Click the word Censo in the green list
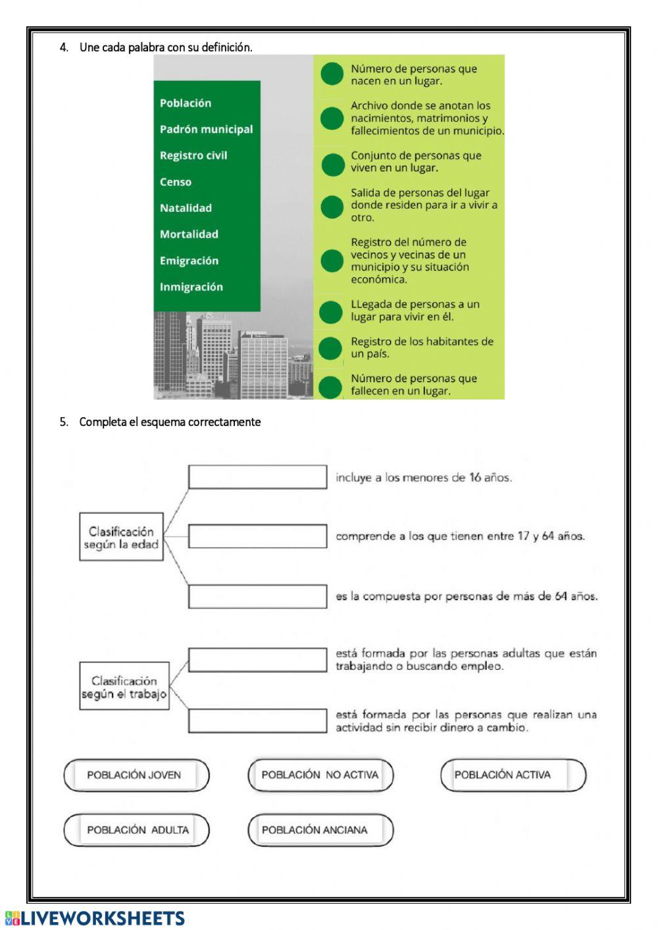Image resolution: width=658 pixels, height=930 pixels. [x=176, y=182]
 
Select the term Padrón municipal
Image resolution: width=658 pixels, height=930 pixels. [x=206, y=129]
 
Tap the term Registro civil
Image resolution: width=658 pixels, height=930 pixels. [x=193, y=155]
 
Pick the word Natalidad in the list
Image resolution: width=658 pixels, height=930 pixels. [x=186, y=208]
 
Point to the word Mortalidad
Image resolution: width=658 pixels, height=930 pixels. [x=189, y=234]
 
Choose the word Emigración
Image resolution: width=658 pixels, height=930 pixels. [x=189, y=261]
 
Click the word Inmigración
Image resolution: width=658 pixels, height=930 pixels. [x=191, y=287]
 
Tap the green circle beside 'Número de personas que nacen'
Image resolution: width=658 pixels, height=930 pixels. [x=332, y=74]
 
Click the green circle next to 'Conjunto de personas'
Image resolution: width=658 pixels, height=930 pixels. [x=332, y=164]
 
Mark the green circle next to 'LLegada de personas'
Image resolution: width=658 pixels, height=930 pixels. [x=332, y=311]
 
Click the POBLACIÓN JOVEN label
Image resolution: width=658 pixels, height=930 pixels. [x=136, y=775]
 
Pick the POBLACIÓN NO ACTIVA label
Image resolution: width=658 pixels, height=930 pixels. [x=320, y=775]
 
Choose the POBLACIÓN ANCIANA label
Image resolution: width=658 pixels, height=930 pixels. [x=320, y=830]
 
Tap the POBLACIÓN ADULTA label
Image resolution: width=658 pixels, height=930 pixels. [x=136, y=830]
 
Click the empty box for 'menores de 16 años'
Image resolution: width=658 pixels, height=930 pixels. [x=257, y=477]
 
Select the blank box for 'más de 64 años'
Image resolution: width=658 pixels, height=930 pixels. [x=257, y=596]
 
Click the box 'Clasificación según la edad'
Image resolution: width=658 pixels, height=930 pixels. [x=121, y=537]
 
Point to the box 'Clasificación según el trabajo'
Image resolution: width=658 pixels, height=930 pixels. [x=124, y=686]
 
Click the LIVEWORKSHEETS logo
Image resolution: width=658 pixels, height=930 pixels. [x=95, y=919]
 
